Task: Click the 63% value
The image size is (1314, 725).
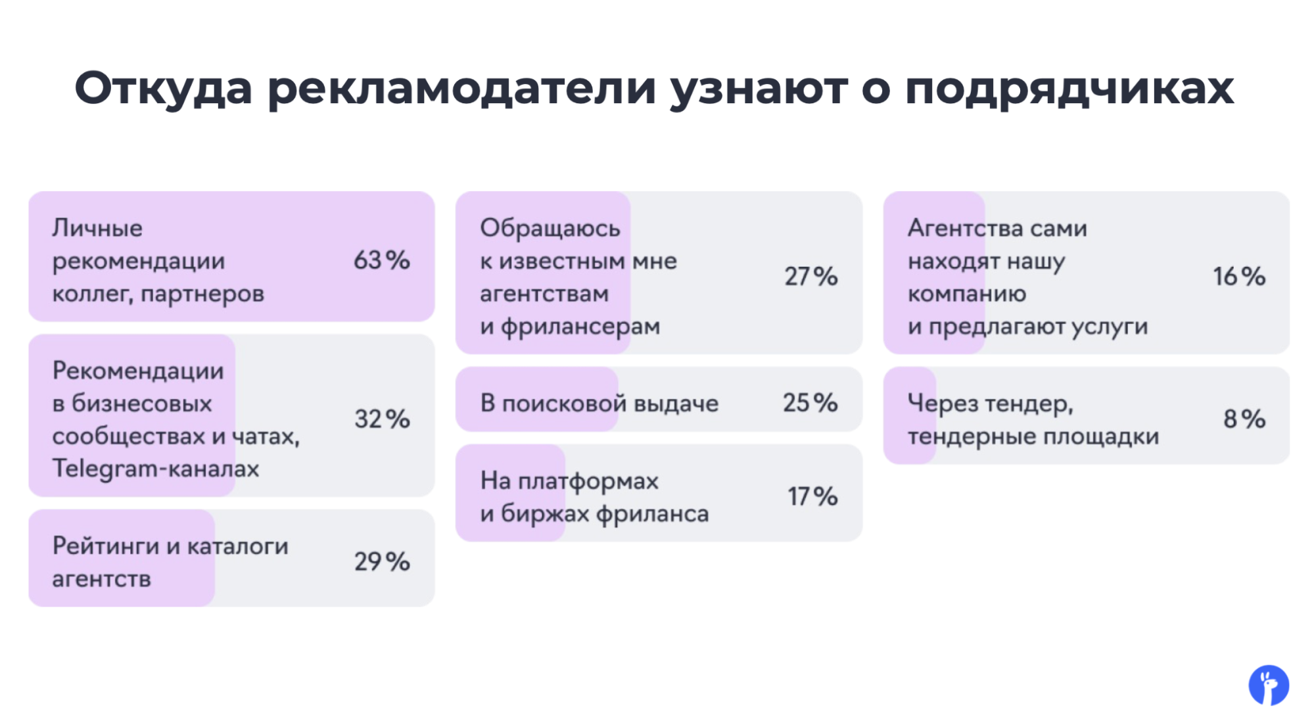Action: point(382,260)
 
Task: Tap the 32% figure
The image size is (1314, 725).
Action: point(382,419)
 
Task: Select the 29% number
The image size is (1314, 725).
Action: point(382,561)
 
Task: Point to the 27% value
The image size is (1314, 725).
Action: point(810,276)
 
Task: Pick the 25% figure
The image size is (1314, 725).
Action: point(810,402)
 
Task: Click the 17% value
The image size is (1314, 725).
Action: point(812,496)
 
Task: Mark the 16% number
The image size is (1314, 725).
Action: point(1239,276)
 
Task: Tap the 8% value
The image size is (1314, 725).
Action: point(1244,419)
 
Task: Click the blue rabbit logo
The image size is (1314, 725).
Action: point(1269,685)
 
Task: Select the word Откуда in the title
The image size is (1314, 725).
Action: point(163,88)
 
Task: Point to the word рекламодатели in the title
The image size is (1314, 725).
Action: point(461,88)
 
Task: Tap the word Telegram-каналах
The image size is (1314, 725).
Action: point(156,469)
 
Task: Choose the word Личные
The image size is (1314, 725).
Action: point(97,228)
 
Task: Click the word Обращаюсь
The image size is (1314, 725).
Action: point(550,228)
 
